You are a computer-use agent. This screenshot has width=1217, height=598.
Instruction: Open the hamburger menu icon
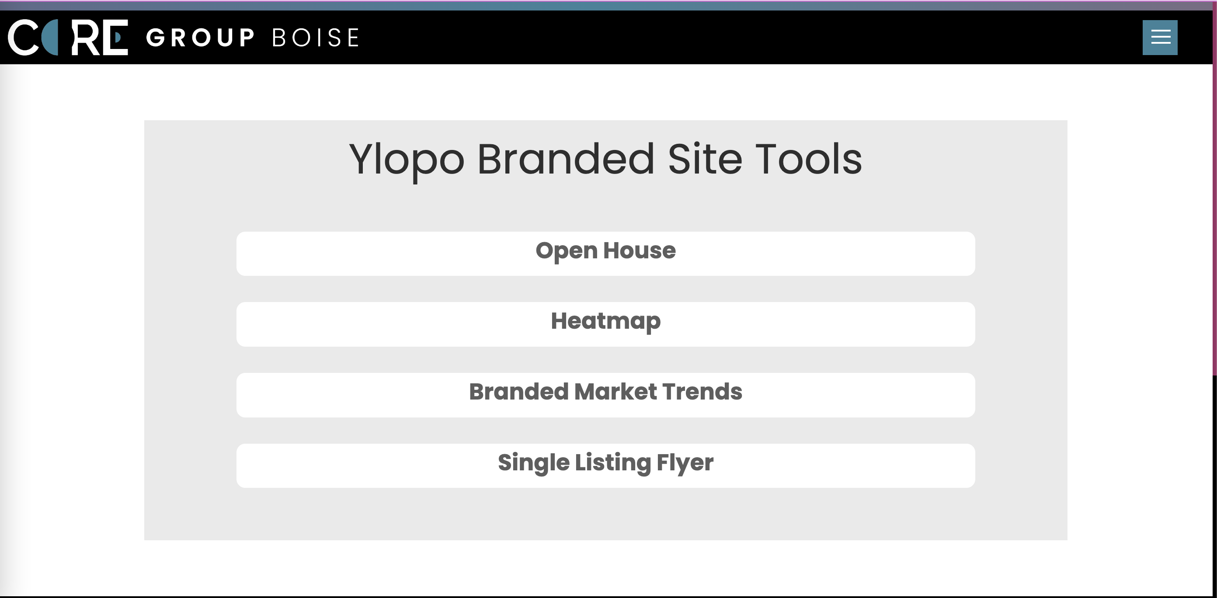point(1160,37)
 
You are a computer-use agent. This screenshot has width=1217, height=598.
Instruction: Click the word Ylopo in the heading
point(406,160)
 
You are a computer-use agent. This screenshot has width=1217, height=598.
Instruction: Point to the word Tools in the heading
point(808,159)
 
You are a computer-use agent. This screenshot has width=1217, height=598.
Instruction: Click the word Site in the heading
point(704,159)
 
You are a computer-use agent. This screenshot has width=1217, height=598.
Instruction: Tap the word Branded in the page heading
point(566,159)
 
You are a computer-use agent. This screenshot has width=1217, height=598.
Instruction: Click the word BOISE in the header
point(316,38)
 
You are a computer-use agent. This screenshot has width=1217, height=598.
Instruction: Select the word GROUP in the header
point(200,38)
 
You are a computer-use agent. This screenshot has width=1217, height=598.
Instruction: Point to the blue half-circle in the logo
point(50,37)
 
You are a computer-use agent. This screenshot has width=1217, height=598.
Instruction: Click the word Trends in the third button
point(702,392)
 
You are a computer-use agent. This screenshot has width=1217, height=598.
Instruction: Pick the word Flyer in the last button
point(685,463)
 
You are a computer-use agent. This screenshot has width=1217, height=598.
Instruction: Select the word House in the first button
point(639,250)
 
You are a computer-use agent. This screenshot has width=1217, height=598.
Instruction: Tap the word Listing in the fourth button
point(613,463)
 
